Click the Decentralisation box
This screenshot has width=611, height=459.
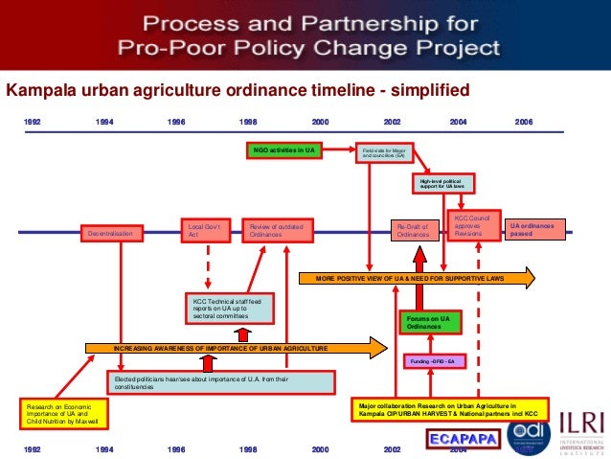tap(111, 233)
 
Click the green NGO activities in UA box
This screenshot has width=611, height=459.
tap(283, 150)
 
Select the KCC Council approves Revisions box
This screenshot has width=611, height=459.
tap(475, 227)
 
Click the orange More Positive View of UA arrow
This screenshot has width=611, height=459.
tap(417, 279)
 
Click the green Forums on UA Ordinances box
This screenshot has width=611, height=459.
tap(427, 322)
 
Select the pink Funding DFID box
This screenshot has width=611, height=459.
tap(428, 361)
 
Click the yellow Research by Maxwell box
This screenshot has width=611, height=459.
tap(63, 413)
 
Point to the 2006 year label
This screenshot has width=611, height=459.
tap(524, 123)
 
